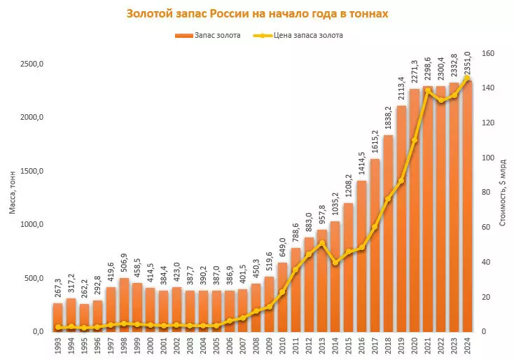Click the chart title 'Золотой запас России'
pyautogui.click(x=256, y=14)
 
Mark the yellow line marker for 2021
pyautogui.click(x=428, y=90)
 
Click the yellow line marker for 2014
pyautogui.click(x=335, y=263)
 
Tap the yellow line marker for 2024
pyautogui.click(x=468, y=78)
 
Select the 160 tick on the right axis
pyautogui.click(x=488, y=53)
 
